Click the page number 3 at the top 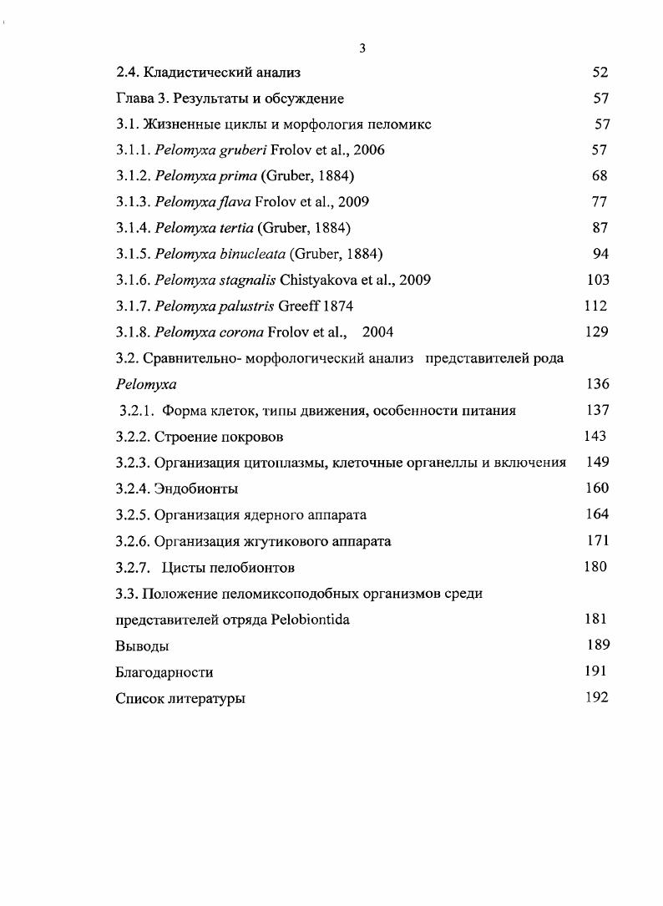click(x=362, y=48)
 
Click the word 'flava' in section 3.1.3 click(x=236, y=202)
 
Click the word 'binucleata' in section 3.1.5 click(x=252, y=254)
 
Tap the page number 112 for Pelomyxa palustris click(x=596, y=306)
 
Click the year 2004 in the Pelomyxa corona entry click(x=377, y=332)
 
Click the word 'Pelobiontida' click(x=310, y=620)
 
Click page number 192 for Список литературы click(x=596, y=697)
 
